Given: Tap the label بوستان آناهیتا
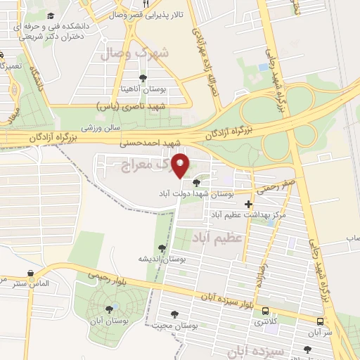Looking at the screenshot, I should point(144,90).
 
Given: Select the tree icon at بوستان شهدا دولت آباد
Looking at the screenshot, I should point(195,182).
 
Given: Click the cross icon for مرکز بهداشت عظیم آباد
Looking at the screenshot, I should point(248,203).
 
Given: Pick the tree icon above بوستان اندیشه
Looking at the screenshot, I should point(162,247).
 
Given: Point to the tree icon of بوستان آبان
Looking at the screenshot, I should point(109,308).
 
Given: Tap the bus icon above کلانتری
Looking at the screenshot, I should point(264,310).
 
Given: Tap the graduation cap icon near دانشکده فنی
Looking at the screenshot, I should point(50,15).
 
